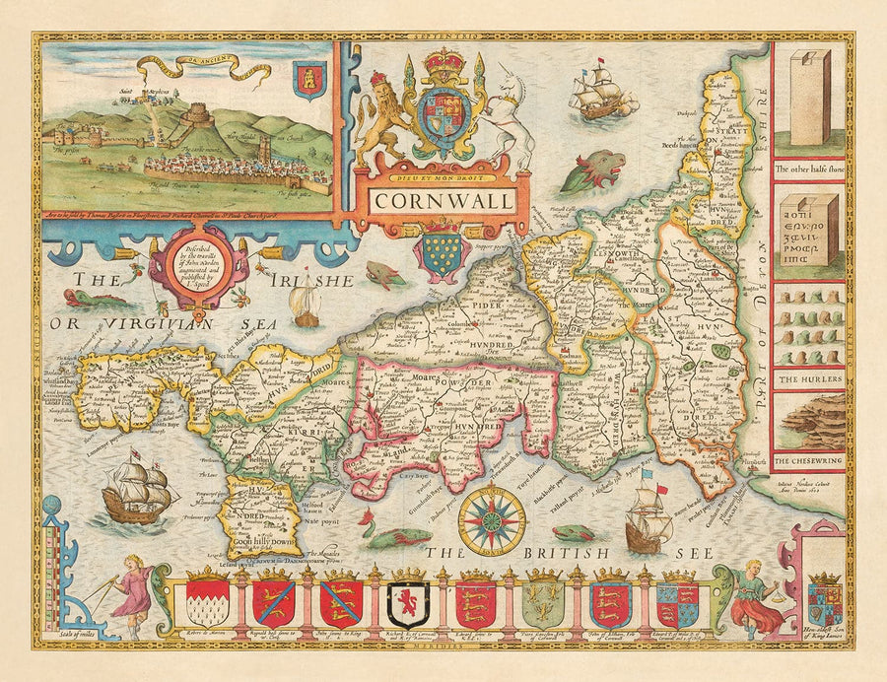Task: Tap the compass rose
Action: [x=492, y=519]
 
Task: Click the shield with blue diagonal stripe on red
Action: [x=273, y=602]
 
